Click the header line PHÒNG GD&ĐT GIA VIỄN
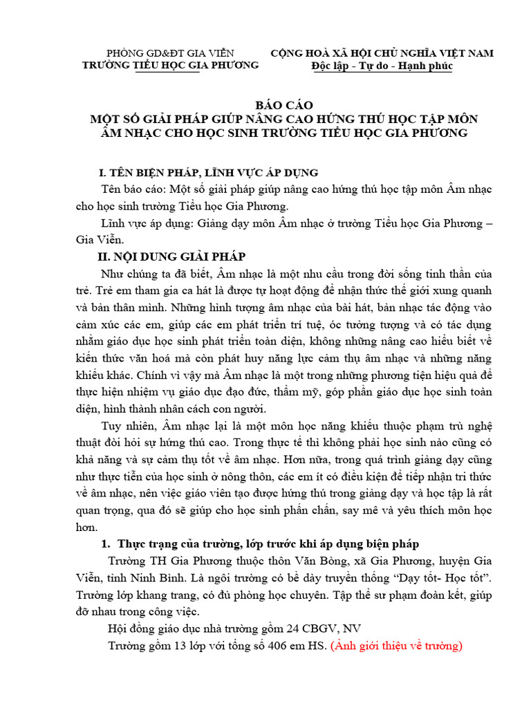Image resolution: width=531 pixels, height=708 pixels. click(169, 53)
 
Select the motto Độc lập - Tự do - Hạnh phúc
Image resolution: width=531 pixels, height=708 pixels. click(381, 66)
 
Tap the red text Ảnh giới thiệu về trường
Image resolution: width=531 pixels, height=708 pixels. click(396, 646)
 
